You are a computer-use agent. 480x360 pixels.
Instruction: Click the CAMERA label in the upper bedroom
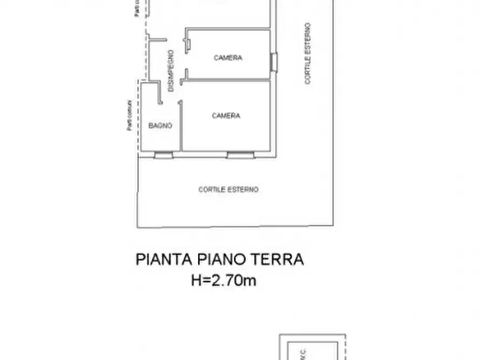tap(228, 58)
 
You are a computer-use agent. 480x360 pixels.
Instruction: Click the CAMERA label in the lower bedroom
tap(226, 116)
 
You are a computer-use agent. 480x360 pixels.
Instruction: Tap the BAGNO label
tap(160, 126)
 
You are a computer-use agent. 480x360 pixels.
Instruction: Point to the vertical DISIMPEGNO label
tap(170, 71)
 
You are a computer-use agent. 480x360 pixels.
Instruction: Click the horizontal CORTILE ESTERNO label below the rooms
tap(228, 190)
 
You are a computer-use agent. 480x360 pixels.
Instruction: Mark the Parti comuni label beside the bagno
tap(130, 114)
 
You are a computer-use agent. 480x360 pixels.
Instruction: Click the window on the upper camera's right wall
tap(274, 62)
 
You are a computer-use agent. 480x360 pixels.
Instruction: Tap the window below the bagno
tap(163, 155)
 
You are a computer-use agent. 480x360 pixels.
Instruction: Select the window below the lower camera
tap(240, 155)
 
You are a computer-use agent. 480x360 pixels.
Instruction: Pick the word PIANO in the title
tap(222, 260)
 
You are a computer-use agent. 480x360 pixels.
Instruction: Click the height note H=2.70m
tap(224, 280)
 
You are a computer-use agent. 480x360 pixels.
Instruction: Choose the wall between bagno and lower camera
tap(181, 126)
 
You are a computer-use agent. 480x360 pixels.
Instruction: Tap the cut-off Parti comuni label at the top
tap(138, 8)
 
